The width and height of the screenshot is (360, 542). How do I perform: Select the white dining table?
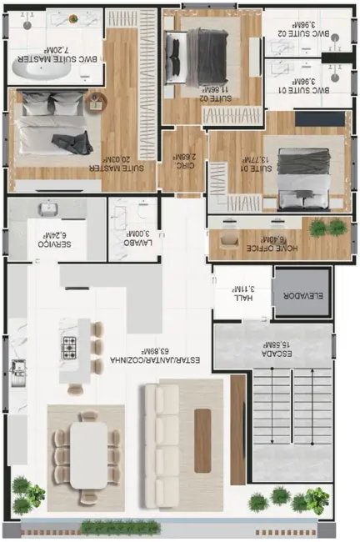[89, 454]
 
